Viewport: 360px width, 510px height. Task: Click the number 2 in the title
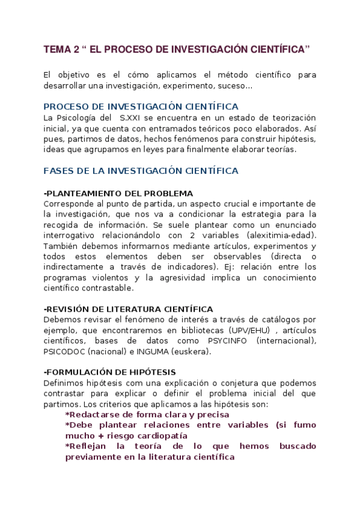click(77, 49)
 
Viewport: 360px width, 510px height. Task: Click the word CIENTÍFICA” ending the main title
click(281, 49)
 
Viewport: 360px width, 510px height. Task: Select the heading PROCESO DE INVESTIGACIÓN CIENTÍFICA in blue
click(141, 106)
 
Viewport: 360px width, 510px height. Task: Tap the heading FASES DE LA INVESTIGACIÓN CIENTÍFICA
click(141, 171)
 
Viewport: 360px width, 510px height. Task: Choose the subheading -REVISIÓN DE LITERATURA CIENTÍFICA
click(128, 309)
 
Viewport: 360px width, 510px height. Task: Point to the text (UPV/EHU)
click(250, 330)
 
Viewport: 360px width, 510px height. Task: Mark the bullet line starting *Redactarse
click(147, 414)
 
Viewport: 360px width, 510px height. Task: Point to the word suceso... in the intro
click(233, 85)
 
